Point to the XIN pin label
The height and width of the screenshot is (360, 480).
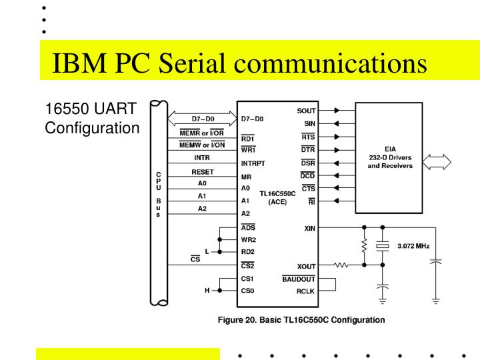[309, 228]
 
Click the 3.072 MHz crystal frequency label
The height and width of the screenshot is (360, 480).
[413, 246]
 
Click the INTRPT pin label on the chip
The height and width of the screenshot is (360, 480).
[253, 163]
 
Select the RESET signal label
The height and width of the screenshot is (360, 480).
[202, 171]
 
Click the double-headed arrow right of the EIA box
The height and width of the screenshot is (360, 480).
[437, 161]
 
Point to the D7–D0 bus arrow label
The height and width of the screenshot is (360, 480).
[202, 119]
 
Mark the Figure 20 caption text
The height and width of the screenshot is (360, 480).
[301, 320]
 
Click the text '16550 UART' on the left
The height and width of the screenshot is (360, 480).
[91, 109]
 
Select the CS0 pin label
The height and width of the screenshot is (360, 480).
[248, 291]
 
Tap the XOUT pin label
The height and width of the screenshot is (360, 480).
[306, 266]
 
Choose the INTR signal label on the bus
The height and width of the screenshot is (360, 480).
[202, 158]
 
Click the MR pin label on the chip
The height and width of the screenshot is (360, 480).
[246, 177]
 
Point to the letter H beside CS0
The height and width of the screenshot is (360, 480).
[207, 291]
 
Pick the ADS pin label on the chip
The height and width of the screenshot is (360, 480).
[248, 227]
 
